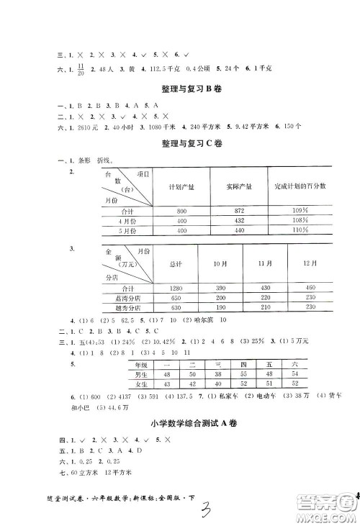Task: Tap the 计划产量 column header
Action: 180,187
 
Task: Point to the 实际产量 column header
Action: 238,187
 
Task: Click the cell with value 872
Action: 238,211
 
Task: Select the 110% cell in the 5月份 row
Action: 301,230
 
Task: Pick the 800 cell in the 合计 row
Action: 180,211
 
